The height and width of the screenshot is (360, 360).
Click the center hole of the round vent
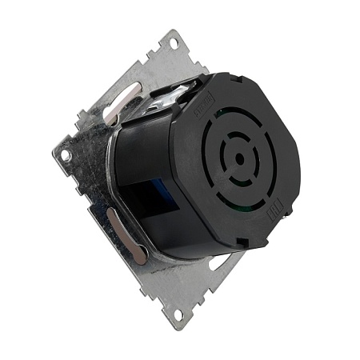[x=239, y=158]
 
